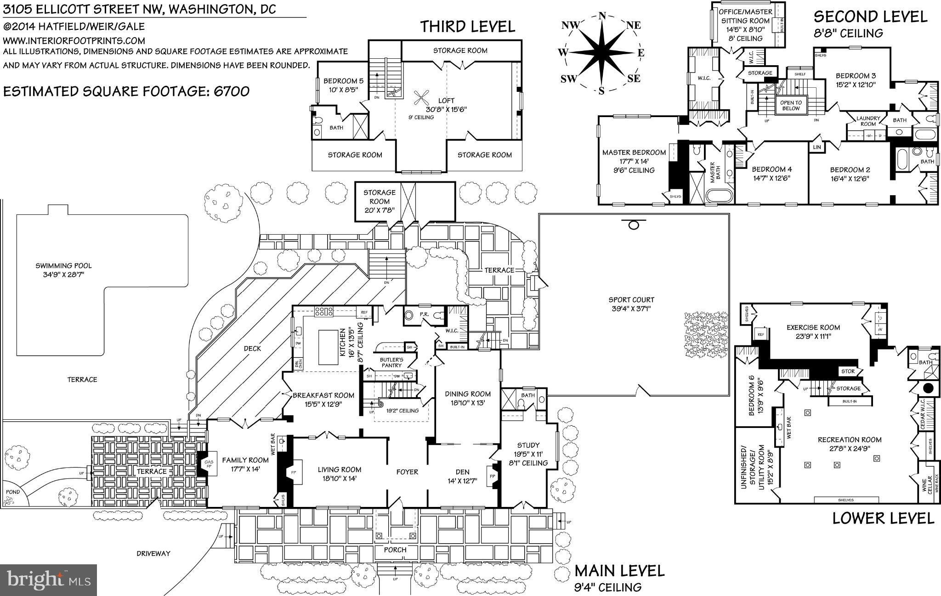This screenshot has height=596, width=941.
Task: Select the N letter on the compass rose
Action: click(602, 16)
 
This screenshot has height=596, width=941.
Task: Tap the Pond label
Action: click(13, 492)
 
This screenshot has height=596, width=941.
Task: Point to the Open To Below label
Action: click(791, 106)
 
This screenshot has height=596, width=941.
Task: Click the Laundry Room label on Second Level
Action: click(868, 121)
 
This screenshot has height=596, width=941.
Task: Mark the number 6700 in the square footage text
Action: click(232, 91)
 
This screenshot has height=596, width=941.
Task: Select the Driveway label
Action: click(153, 553)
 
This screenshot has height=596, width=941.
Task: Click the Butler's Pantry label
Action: click(391, 362)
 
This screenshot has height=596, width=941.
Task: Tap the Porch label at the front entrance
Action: click(395, 550)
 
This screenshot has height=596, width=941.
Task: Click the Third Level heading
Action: click(467, 27)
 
